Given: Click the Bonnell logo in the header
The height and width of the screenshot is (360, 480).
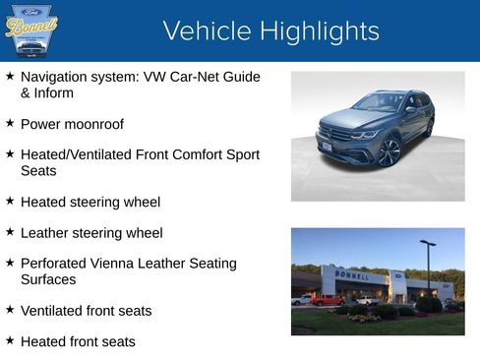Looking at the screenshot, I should point(31,30).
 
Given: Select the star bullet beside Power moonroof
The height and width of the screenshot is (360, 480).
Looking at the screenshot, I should point(10,124).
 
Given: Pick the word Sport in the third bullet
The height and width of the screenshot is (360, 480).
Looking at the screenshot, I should point(239,154).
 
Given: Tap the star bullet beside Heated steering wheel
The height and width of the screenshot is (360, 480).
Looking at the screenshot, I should point(10,202).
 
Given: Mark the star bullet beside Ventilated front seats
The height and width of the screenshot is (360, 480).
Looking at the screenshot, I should point(10,311).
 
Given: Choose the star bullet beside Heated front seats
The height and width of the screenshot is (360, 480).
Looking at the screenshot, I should point(10,341).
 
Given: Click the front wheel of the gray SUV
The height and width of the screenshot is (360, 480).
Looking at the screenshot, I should point(390,152).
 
